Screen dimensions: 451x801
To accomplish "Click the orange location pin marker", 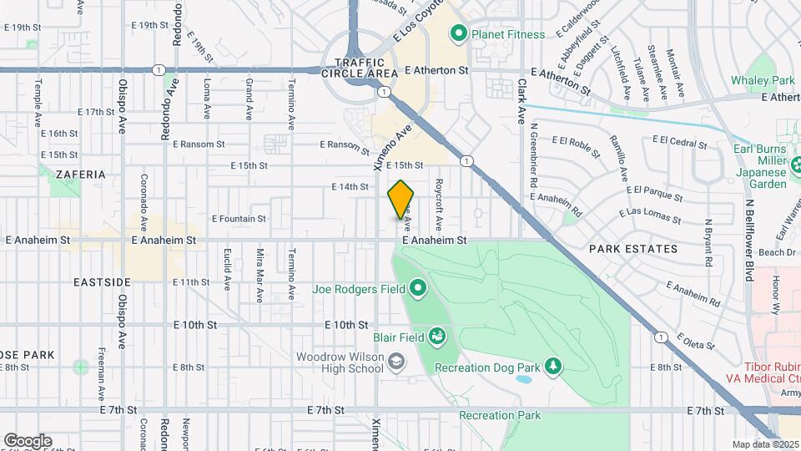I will click(401, 199).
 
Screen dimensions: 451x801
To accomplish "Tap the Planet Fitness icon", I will click(457, 34).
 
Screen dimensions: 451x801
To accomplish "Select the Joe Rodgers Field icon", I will click(417, 290).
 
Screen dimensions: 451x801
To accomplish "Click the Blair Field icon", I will click(436, 336).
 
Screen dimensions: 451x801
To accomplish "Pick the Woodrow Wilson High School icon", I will click(397, 362).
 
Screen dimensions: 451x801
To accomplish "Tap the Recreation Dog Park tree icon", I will click(552, 366).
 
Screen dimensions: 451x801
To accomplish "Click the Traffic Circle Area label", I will click(360, 68).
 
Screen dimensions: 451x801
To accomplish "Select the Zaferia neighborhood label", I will click(81, 175).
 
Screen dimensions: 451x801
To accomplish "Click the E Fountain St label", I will click(239, 219).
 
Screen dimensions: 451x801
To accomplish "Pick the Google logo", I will click(28, 441).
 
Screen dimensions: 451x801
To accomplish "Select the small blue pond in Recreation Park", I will click(523, 378).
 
